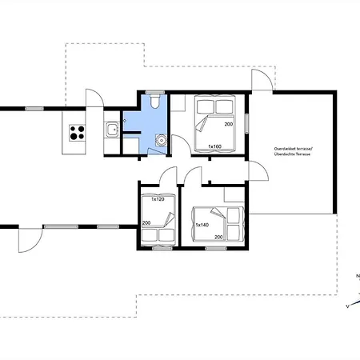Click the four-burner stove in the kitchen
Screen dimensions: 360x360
click(78, 133)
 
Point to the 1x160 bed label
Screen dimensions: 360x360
click(214, 146)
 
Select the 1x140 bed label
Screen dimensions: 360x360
click(202, 225)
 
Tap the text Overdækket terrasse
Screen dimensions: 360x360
click(290, 148)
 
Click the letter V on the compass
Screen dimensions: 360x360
click(347, 306)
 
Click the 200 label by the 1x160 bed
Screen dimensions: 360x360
click(229, 125)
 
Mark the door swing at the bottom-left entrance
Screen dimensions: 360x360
click(29, 239)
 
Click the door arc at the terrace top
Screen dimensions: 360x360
click(260, 81)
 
